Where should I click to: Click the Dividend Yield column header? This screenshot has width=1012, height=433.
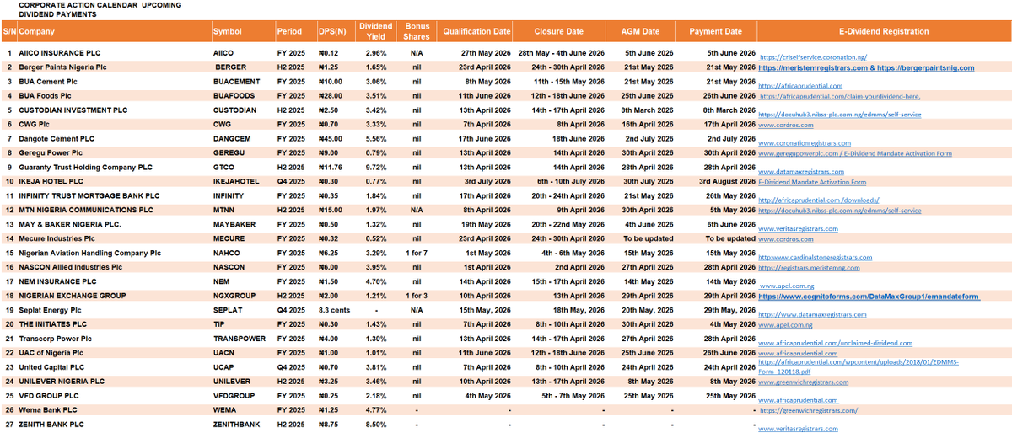pos(376,31)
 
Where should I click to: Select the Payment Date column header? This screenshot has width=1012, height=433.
pos(715,31)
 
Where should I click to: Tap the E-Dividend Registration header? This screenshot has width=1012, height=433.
pos(883,31)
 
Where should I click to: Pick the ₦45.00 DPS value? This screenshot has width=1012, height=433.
pos(331,138)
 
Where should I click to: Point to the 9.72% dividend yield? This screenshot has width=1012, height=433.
pos(376,167)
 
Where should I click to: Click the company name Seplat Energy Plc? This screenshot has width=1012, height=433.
pos(51,310)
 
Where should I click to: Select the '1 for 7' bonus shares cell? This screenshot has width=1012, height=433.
pos(417,253)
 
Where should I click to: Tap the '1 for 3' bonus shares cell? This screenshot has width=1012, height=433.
pos(417,296)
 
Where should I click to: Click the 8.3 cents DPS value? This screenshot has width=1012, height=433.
pos(335,310)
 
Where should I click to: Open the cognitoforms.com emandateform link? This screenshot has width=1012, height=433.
pos(869,297)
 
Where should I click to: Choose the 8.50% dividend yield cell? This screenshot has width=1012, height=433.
pos(376,425)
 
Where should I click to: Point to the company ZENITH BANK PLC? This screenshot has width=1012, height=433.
pos(55,425)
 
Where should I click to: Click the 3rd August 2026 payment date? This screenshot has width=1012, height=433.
pos(726,181)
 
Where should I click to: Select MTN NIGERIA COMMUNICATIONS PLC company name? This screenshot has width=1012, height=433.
pos(89,210)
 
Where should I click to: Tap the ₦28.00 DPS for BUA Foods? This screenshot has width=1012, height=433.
pos(331,95)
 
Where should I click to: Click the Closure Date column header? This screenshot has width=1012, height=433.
pos(559,31)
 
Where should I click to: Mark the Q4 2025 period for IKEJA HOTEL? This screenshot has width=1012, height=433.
pos(288,181)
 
